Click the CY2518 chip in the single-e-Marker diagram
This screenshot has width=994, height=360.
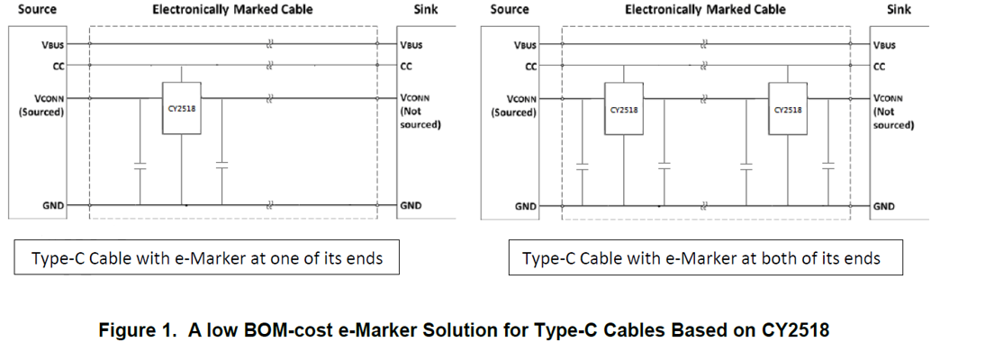[182, 108]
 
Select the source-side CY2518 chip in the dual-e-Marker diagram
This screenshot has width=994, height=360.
[624, 108]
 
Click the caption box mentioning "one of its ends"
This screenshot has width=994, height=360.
[207, 258]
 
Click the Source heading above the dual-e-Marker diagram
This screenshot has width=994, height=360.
[510, 10]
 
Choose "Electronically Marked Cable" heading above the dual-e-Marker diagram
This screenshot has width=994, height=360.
[705, 10]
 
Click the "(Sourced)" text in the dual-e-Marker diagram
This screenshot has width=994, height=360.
[513, 112]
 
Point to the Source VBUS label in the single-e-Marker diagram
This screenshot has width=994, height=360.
[51, 45]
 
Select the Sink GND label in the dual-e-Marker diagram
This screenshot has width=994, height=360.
[884, 206]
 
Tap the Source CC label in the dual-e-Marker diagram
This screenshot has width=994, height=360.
[530, 66]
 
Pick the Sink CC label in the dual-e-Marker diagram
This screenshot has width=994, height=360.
[880, 66]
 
